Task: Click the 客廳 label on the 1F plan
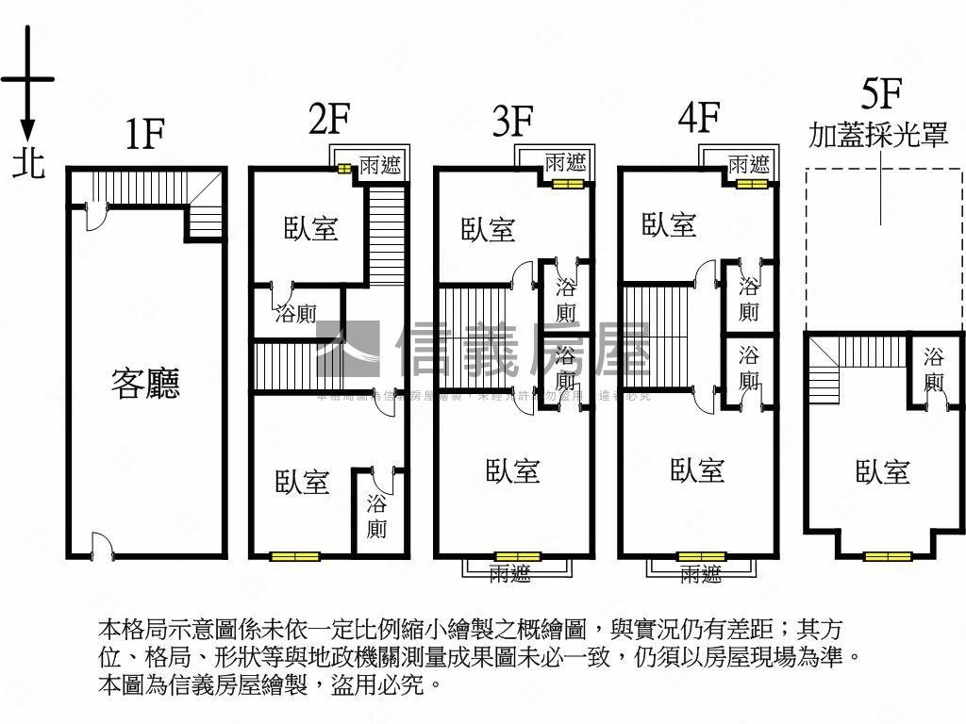pos(145,384)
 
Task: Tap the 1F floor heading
pos(145,136)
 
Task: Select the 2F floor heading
pos(329,120)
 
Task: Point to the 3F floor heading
pos(513,122)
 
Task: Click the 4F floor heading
pos(699,118)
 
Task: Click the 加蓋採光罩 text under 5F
pos(878,135)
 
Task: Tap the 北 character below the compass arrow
pos(28,163)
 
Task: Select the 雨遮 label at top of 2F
pos(379,166)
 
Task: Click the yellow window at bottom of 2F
pos(294,556)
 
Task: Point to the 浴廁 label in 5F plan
pos(934,370)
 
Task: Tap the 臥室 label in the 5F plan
pos(883,471)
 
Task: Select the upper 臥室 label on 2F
pos(311,228)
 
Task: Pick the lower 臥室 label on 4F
pos(697,469)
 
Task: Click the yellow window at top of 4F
pos(752,184)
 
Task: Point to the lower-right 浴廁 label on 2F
pos(376,516)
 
